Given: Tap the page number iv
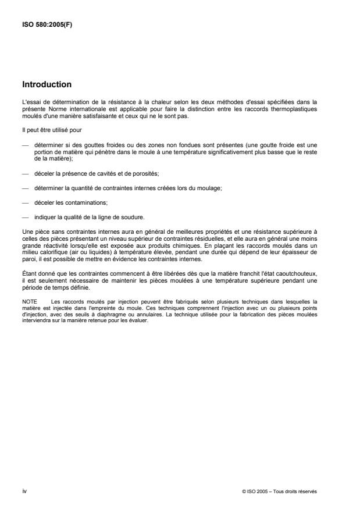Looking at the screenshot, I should coord(24,491).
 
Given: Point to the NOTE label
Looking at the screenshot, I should coord(29,302).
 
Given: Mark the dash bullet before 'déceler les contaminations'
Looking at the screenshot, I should coord(26,202).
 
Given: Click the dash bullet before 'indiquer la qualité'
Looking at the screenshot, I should coord(26,217).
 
